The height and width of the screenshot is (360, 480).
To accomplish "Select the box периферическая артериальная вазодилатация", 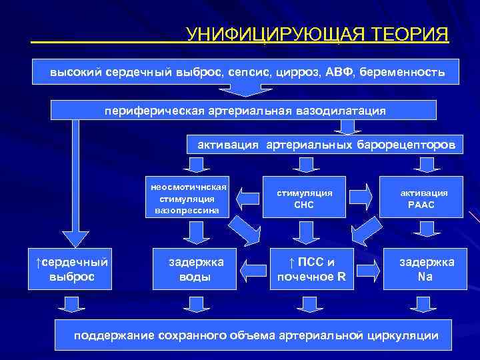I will [244, 110].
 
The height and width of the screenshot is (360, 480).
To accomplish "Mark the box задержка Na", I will [426, 269].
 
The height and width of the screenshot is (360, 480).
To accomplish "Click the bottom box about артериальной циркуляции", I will [256, 335].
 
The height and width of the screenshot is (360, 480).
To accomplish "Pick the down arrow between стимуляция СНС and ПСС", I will [305, 231].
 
